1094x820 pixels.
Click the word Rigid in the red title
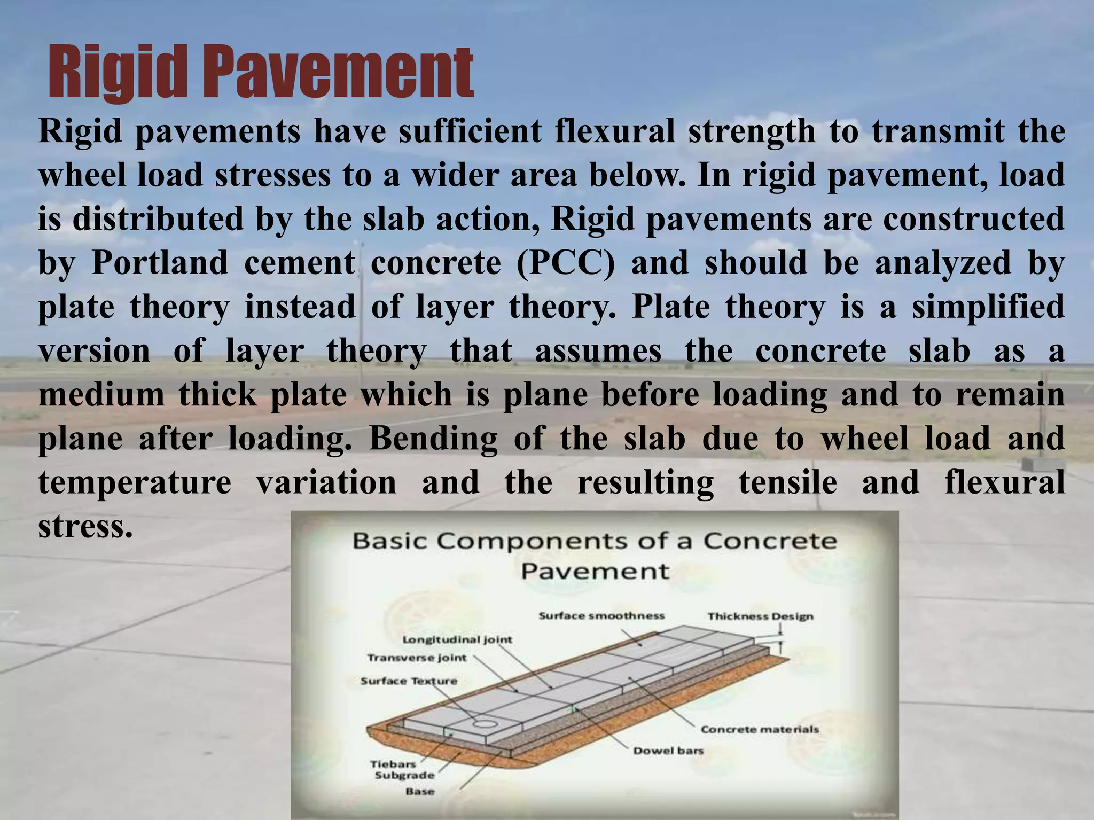pos(119,72)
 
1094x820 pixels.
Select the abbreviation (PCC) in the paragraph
pos(566,263)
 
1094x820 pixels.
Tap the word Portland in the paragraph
pos(160,263)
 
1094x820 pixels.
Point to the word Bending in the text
pos(433,439)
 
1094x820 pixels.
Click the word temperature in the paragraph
pos(135,482)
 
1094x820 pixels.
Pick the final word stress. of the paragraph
pos(85,526)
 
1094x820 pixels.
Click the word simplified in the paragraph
pos(988,307)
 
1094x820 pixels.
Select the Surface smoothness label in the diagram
pos(601,616)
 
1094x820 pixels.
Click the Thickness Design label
pos(760,616)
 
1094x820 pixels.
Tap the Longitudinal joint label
pos(457,639)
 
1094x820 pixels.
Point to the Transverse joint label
pos(417,658)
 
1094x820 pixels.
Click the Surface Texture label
pos(409,681)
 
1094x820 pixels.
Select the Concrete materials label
pos(760,729)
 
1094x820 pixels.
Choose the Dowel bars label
pos(668,751)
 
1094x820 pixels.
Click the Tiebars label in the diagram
pos(393,764)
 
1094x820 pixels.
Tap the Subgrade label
pos(404,775)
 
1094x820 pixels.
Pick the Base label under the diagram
pos(419,791)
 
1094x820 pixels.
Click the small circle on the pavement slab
pos(485,724)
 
